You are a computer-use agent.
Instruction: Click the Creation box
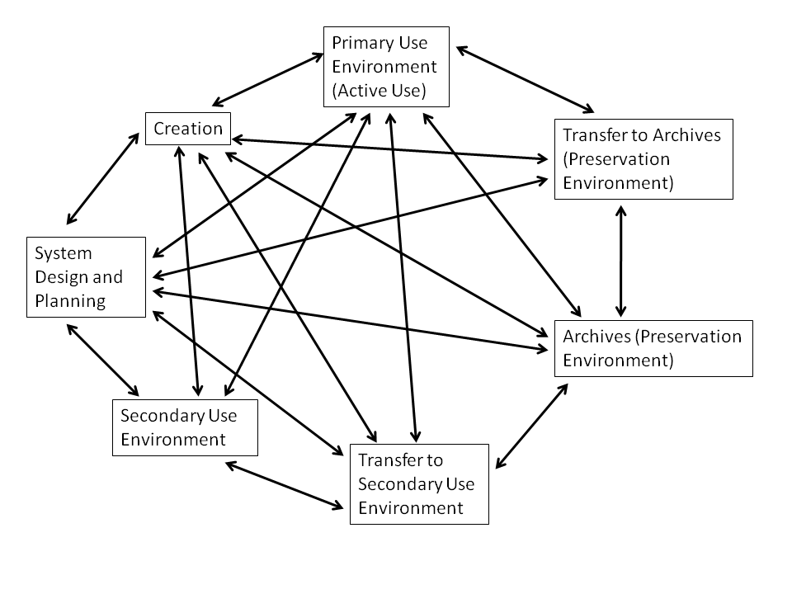click(x=188, y=129)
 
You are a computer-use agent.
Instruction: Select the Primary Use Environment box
click(x=386, y=66)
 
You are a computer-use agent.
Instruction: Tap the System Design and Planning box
click(x=86, y=277)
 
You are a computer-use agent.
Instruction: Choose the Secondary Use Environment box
click(x=185, y=427)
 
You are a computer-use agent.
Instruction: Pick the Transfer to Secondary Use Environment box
click(x=419, y=483)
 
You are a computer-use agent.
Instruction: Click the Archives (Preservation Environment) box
click(x=653, y=348)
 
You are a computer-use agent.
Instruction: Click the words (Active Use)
click(x=379, y=90)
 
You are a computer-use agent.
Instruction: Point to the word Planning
click(x=70, y=301)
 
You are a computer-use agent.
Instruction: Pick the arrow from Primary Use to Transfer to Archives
click(x=525, y=79)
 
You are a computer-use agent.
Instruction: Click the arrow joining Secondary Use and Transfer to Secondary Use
click(x=285, y=484)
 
